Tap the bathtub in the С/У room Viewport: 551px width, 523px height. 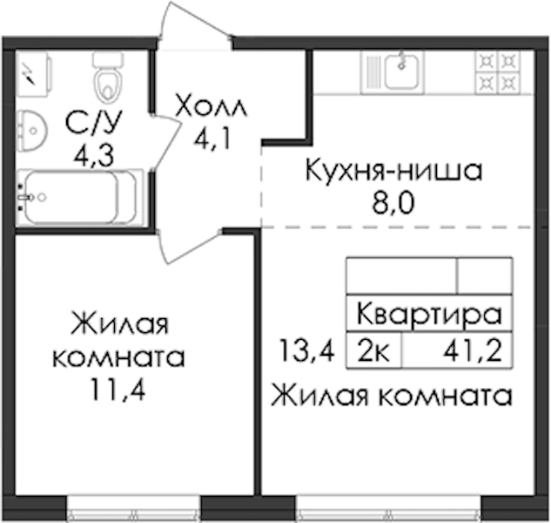(80, 197)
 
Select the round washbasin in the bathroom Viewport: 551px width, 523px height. (31, 131)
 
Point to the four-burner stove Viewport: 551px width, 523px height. (497, 72)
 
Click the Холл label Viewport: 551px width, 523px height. (212, 105)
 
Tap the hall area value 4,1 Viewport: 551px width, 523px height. (212, 139)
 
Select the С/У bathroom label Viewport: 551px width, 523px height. (94, 123)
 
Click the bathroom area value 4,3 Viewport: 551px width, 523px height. (94, 156)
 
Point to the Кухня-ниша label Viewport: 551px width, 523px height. (393, 170)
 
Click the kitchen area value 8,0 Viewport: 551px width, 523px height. (393, 203)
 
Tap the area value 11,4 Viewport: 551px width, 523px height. (118, 390)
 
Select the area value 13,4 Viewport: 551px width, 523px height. (306, 350)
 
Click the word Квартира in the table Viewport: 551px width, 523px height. (429, 314)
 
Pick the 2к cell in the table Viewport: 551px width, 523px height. (374, 351)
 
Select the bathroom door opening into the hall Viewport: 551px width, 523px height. (166, 143)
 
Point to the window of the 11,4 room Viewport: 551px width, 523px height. (134, 509)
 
